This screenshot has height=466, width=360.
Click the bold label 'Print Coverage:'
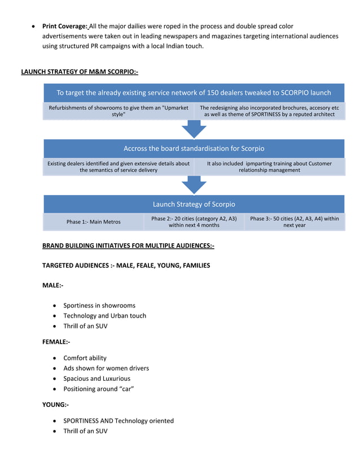[64, 26]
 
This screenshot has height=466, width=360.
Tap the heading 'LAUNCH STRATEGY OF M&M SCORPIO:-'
[80, 72]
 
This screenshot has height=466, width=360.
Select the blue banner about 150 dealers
[194, 93]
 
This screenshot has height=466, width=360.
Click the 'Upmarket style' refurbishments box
[118, 111]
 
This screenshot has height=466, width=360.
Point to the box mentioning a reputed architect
[269, 111]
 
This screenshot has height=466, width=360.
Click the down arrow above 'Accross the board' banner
[194, 129]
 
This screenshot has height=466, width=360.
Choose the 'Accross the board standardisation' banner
[194, 148]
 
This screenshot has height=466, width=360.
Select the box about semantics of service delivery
[118, 166]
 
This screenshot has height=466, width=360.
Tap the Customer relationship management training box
[269, 166]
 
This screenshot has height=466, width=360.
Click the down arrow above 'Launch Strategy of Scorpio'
[194, 184]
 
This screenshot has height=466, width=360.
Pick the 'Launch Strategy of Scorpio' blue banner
[194, 204]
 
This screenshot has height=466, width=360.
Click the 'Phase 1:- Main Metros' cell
[94, 222]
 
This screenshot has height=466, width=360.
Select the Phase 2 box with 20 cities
[194, 222]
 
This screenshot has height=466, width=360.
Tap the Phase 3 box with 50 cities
[294, 222]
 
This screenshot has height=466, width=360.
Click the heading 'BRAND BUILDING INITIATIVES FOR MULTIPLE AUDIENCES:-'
[128, 246]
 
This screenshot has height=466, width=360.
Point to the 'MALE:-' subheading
[52, 285]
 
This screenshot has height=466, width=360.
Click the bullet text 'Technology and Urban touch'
[104, 316]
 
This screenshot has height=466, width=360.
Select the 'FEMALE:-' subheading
[56, 342]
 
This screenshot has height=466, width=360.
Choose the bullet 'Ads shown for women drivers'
[106, 368]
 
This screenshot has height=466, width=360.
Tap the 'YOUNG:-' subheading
[55, 405]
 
